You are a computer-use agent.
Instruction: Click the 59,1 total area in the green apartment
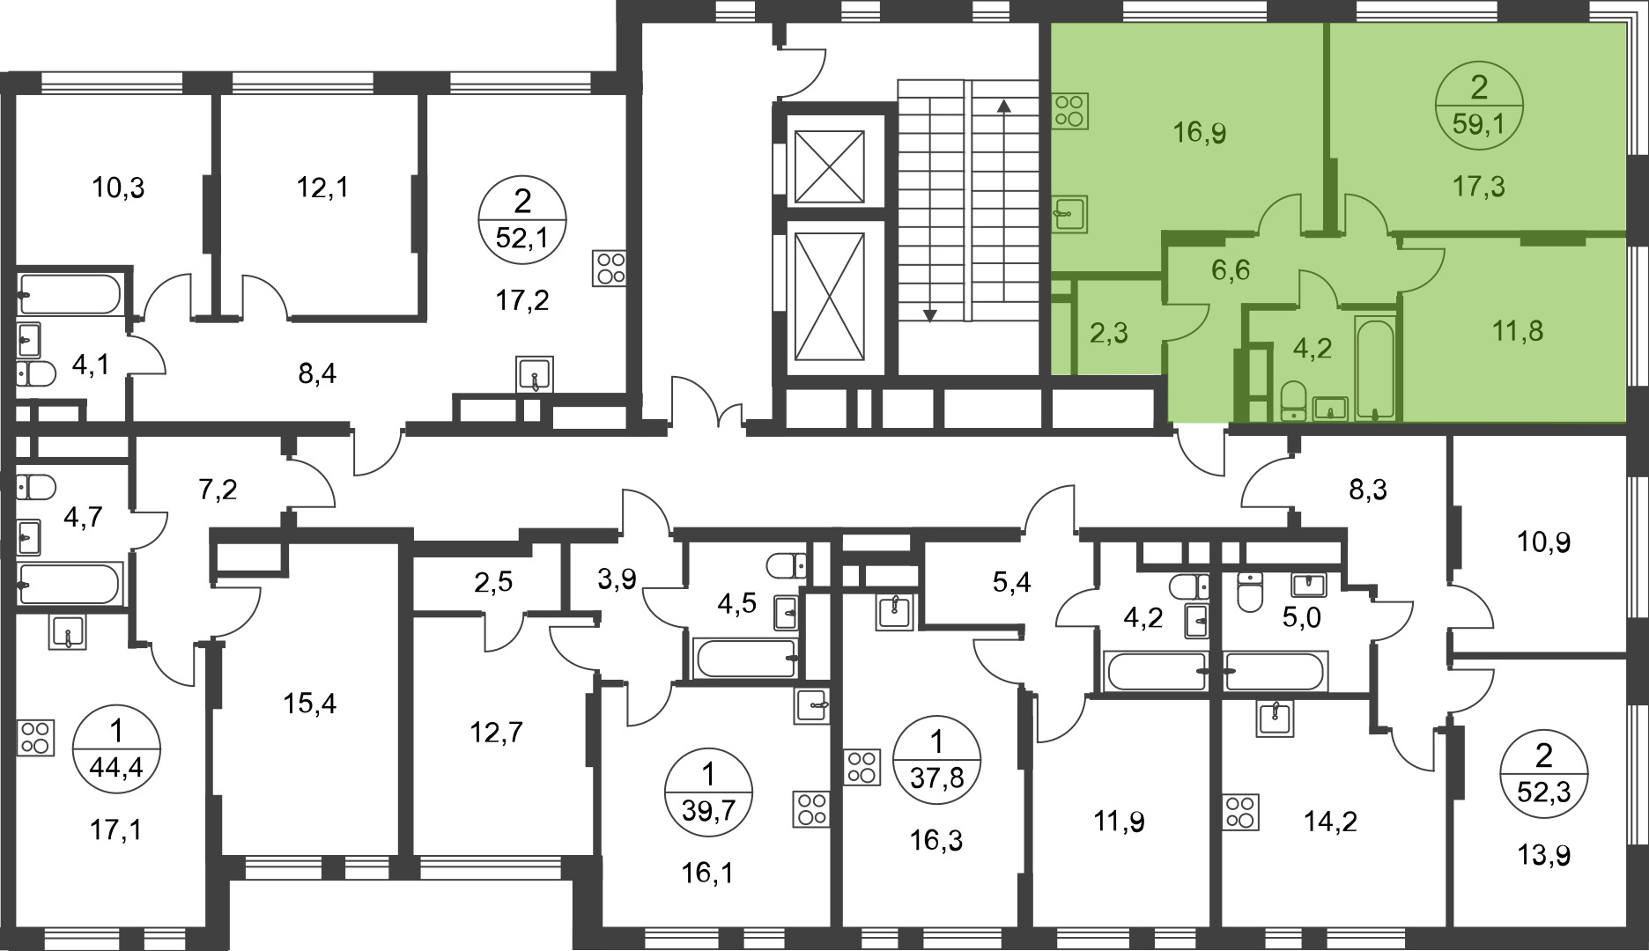(1479, 124)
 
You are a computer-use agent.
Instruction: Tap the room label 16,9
(1199, 133)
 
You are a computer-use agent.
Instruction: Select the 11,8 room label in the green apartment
(1518, 331)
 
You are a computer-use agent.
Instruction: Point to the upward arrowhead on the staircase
(1002, 106)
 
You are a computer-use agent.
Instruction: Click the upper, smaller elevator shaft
(829, 167)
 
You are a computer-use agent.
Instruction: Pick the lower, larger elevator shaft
(829, 296)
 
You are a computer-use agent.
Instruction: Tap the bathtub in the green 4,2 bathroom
(1374, 367)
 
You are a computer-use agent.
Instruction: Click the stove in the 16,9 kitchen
(1069, 112)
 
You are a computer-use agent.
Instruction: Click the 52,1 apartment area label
(522, 236)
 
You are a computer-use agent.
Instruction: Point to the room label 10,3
(118, 188)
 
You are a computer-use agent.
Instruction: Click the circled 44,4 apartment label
(116, 749)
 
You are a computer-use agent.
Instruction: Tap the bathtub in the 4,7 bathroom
(70, 584)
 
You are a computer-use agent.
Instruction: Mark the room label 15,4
(310, 704)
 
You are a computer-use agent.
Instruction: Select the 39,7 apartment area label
(708, 807)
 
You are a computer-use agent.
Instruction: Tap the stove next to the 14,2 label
(1240, 813)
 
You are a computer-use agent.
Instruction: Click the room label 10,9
(1543, 542)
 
